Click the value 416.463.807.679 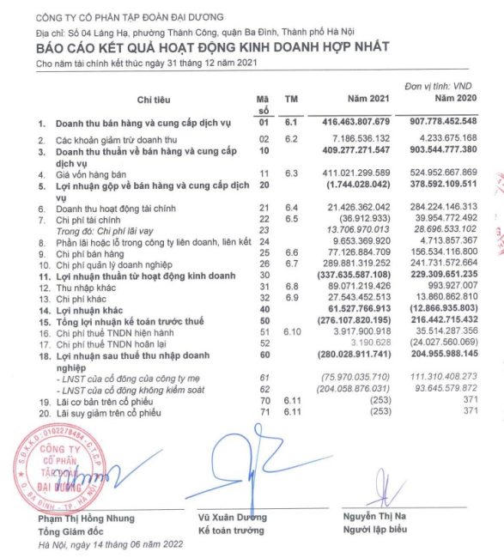click(x=356, y=124)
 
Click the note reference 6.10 click(x=293, y=331)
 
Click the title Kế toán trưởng click(x=228, y=531)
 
